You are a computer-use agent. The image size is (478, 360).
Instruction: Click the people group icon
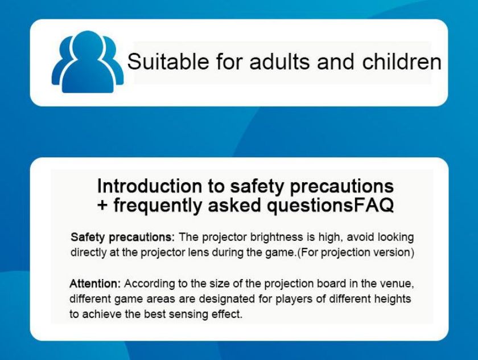[88, 62]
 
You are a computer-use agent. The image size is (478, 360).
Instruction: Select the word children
[402, 62]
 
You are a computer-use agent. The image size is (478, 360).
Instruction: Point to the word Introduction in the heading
[149, 186]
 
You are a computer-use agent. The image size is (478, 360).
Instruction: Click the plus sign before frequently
[103, 205]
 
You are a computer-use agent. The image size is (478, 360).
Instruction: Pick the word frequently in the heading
[157, 206]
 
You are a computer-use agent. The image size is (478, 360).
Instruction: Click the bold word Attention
[95, 284]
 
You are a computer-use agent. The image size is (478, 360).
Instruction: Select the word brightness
[277, 238]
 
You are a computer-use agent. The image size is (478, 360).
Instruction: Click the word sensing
[188, 314]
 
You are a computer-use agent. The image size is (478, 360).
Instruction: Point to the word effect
[227, 314]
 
